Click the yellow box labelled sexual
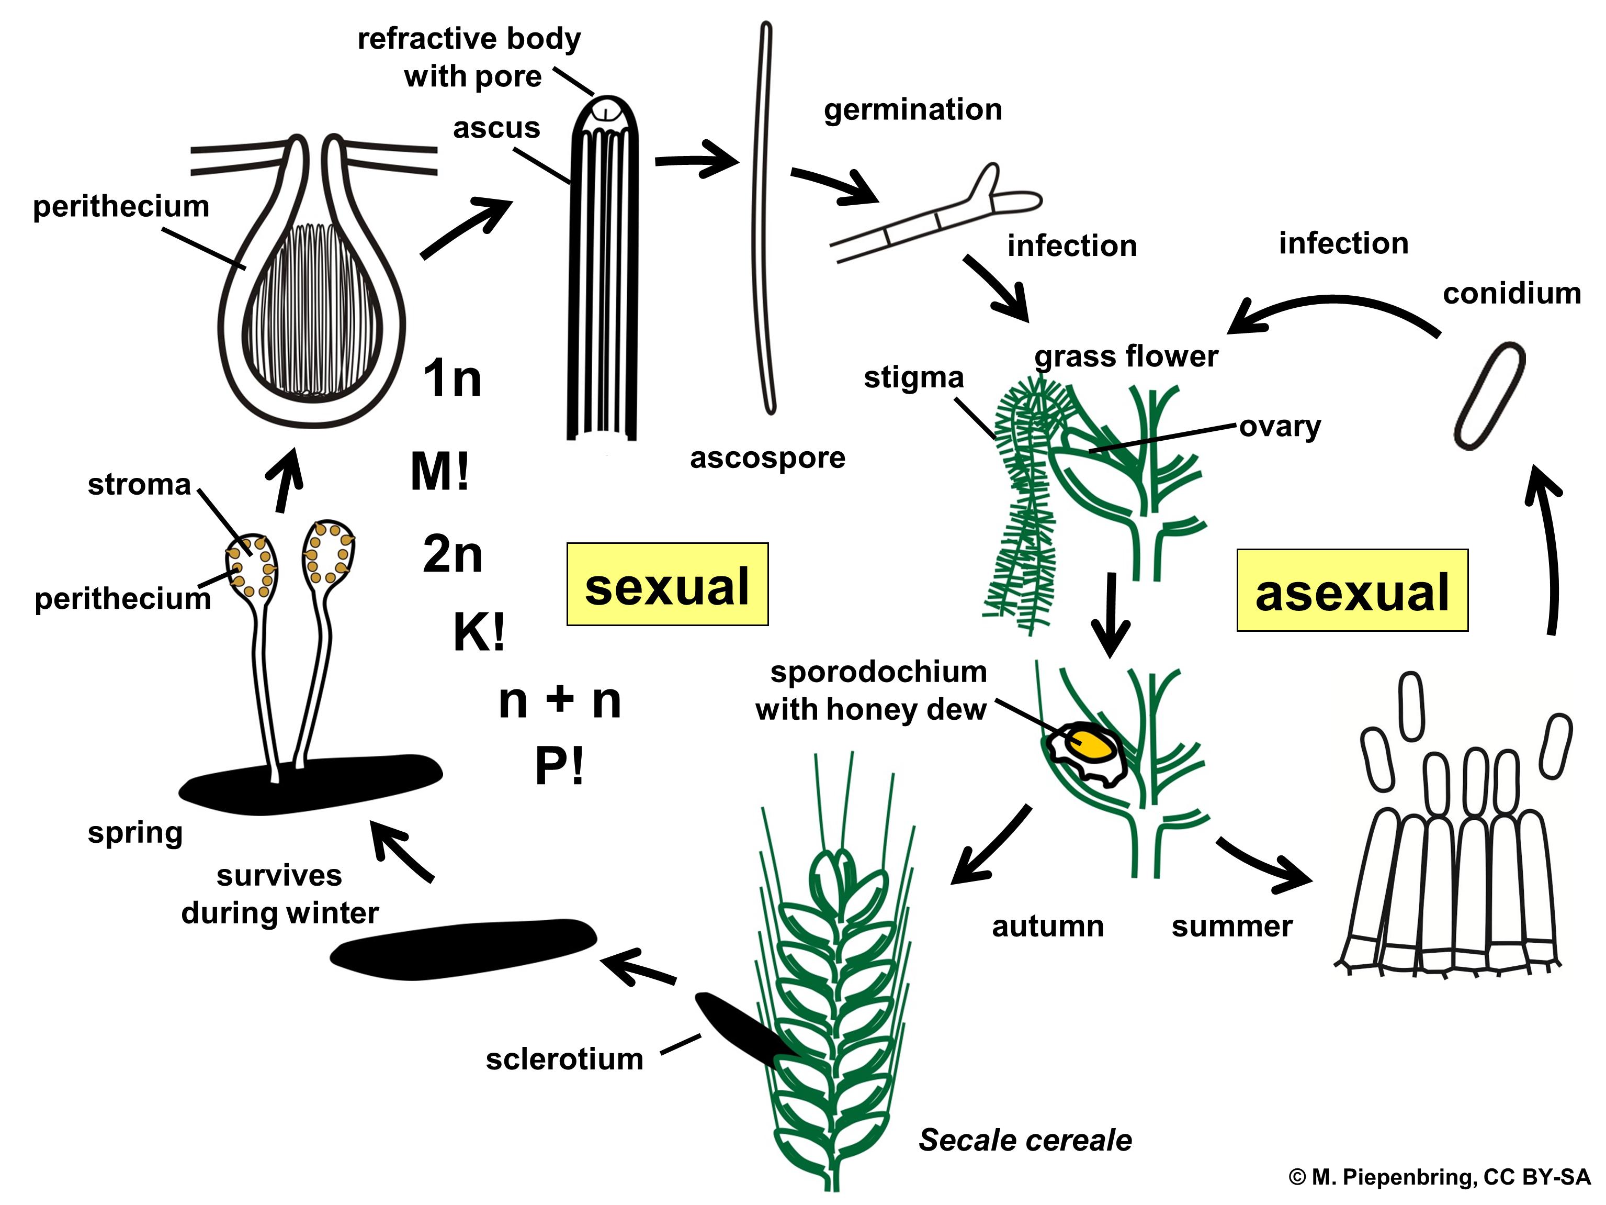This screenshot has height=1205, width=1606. point(666,584)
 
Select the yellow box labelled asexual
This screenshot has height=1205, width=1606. point(1352,590)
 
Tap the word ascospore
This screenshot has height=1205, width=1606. point(767,458)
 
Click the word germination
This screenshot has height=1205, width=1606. point(913,110)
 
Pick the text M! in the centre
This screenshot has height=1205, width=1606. point(440,472)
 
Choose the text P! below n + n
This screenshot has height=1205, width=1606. point(559,766)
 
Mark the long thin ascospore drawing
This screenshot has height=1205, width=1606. point(762,218)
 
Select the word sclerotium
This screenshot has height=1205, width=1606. point(564,1059)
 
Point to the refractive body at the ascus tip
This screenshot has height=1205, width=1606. point(605,113)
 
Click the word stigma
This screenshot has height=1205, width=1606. point(913,378)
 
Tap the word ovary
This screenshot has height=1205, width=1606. point(1279,427)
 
